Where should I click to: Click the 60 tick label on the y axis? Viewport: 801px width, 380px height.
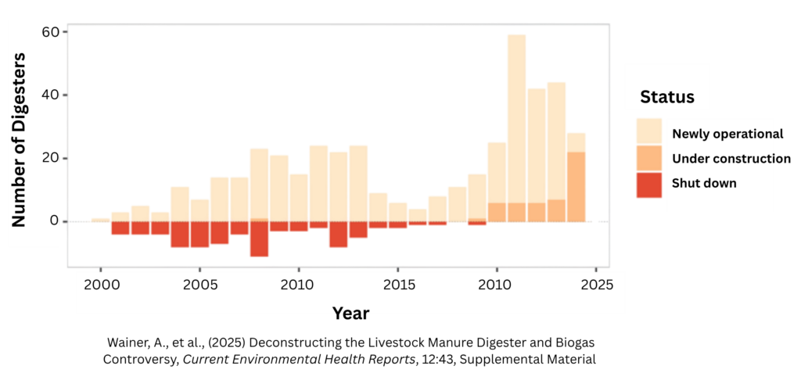(x=50, y=32)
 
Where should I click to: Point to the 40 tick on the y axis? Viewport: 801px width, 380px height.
(x=50, y=95)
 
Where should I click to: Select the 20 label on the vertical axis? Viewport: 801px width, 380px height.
(x=50, y=158)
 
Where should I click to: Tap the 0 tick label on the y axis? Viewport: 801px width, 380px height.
(x=54, y=220)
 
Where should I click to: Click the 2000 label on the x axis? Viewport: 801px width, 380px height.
(x=102, y=285)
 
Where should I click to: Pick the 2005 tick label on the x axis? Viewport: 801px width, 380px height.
(x=200, y=285)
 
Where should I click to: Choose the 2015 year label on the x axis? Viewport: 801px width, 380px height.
(x=399, y=285)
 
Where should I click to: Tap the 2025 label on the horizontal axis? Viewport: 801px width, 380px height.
(x=597, y=285)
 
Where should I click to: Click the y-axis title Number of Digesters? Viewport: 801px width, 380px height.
(x=20, y=140)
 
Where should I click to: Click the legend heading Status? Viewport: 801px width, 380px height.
(x=667, y=98)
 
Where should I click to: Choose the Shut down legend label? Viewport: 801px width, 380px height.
(x=704, y=184)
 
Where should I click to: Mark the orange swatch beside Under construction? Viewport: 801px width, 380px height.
(x=650, y=158)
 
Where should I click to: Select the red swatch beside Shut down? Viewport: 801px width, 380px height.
(x=650, y=185)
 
